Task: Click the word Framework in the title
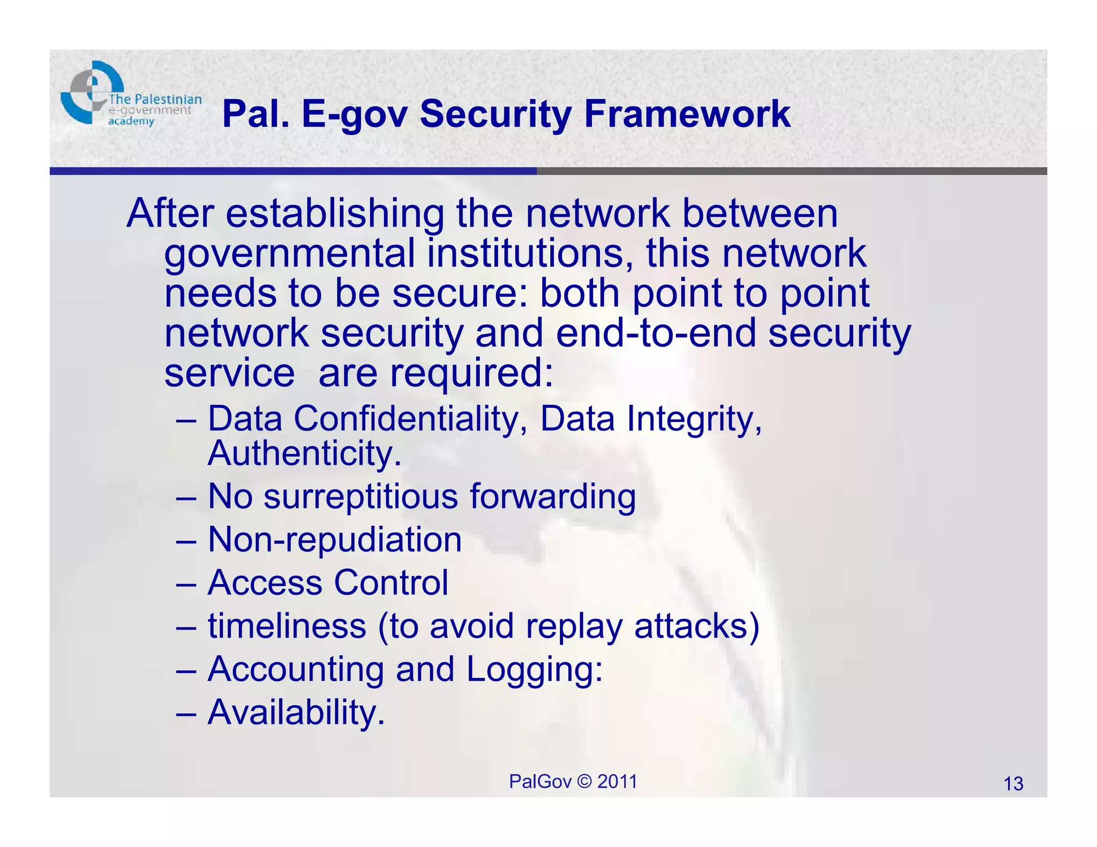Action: pyautogui.click(x=687, y=114)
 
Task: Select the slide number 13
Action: pyautogui.click(x=1013, y=784)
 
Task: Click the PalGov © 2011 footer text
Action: pyautogui.click(x=573, y=782)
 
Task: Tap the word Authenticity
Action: pyautogui.click(x=304, y=453)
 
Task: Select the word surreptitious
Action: pyautogui.click(x=361, y=496)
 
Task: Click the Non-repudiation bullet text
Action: pyautogui.click(x=335, y=539)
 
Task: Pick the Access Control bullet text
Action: pyautogui.click(x=328, y=583)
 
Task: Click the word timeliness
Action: pyautogui.click(x=287, y=626)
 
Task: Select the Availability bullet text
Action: pyautogui.click(x=296, y=713)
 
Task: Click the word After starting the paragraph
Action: pyautogui.click(x=170, y=213)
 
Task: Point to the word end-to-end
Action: pyautogui.click(x=656, y=333)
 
